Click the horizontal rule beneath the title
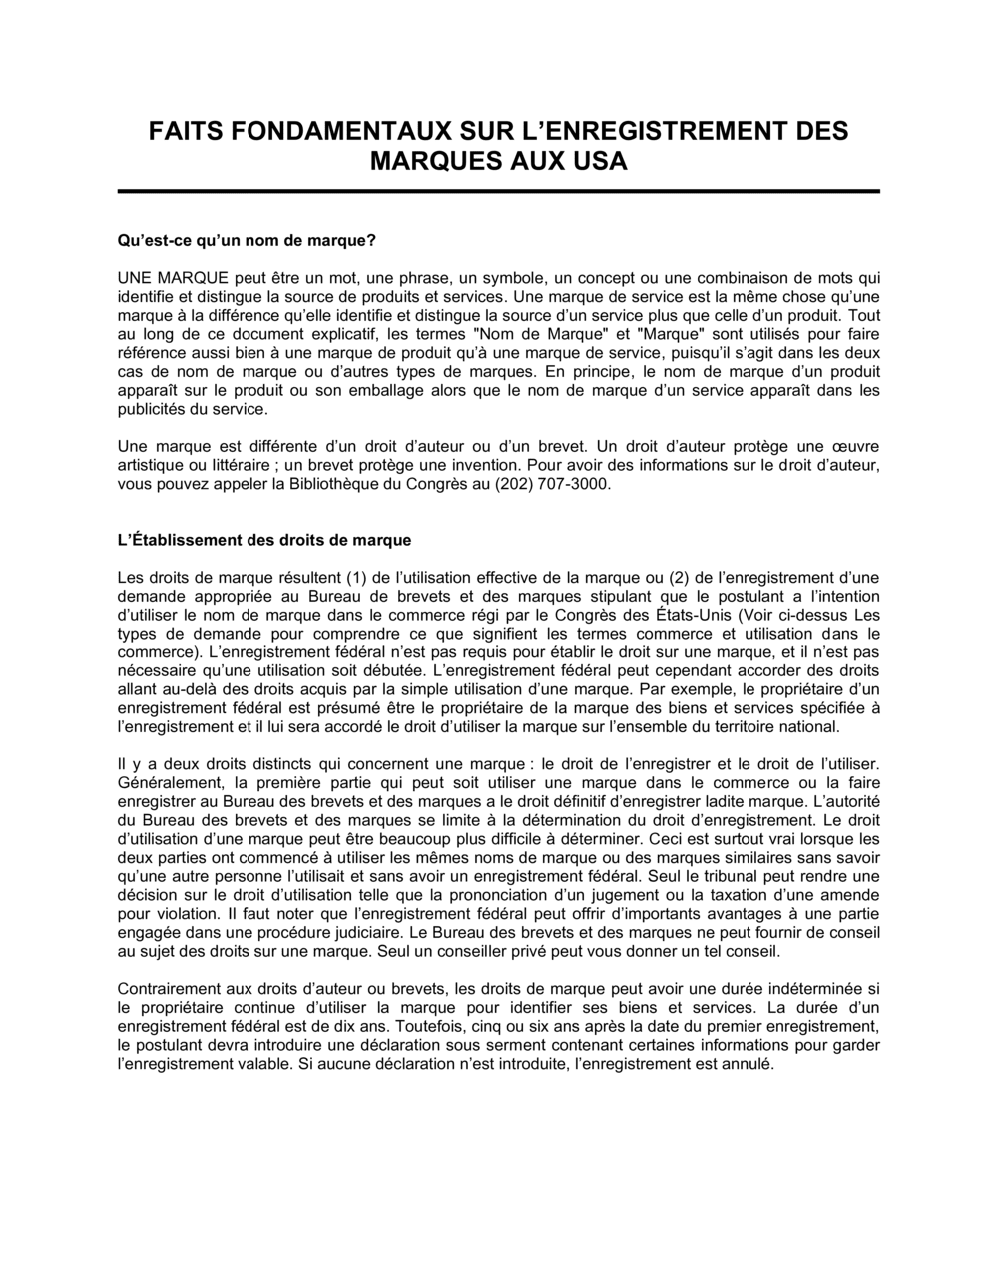[499, 191]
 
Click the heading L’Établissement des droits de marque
[264, 540]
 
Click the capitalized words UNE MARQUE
[174, 278]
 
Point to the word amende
[853, 895]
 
